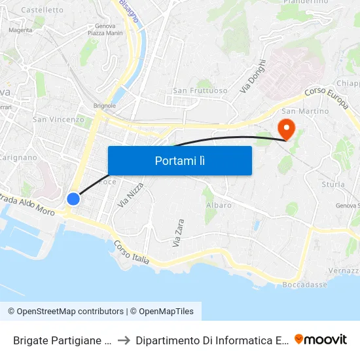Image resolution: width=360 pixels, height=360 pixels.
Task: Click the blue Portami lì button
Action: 179,160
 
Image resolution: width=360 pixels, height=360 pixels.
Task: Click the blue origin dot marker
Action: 73,198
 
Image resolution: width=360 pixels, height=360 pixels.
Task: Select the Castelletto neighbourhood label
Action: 43,10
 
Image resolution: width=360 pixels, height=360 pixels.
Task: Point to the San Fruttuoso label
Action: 200,90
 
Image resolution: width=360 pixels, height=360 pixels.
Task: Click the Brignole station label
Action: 105,105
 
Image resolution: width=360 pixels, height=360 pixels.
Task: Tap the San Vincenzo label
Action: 58,119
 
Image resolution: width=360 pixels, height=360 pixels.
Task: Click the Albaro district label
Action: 218,205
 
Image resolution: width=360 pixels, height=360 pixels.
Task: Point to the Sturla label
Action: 333,185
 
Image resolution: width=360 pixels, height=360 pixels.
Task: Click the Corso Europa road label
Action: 325,91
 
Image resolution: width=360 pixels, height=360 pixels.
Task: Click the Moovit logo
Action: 320,339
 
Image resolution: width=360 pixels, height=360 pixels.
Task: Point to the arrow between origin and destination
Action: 124,340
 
